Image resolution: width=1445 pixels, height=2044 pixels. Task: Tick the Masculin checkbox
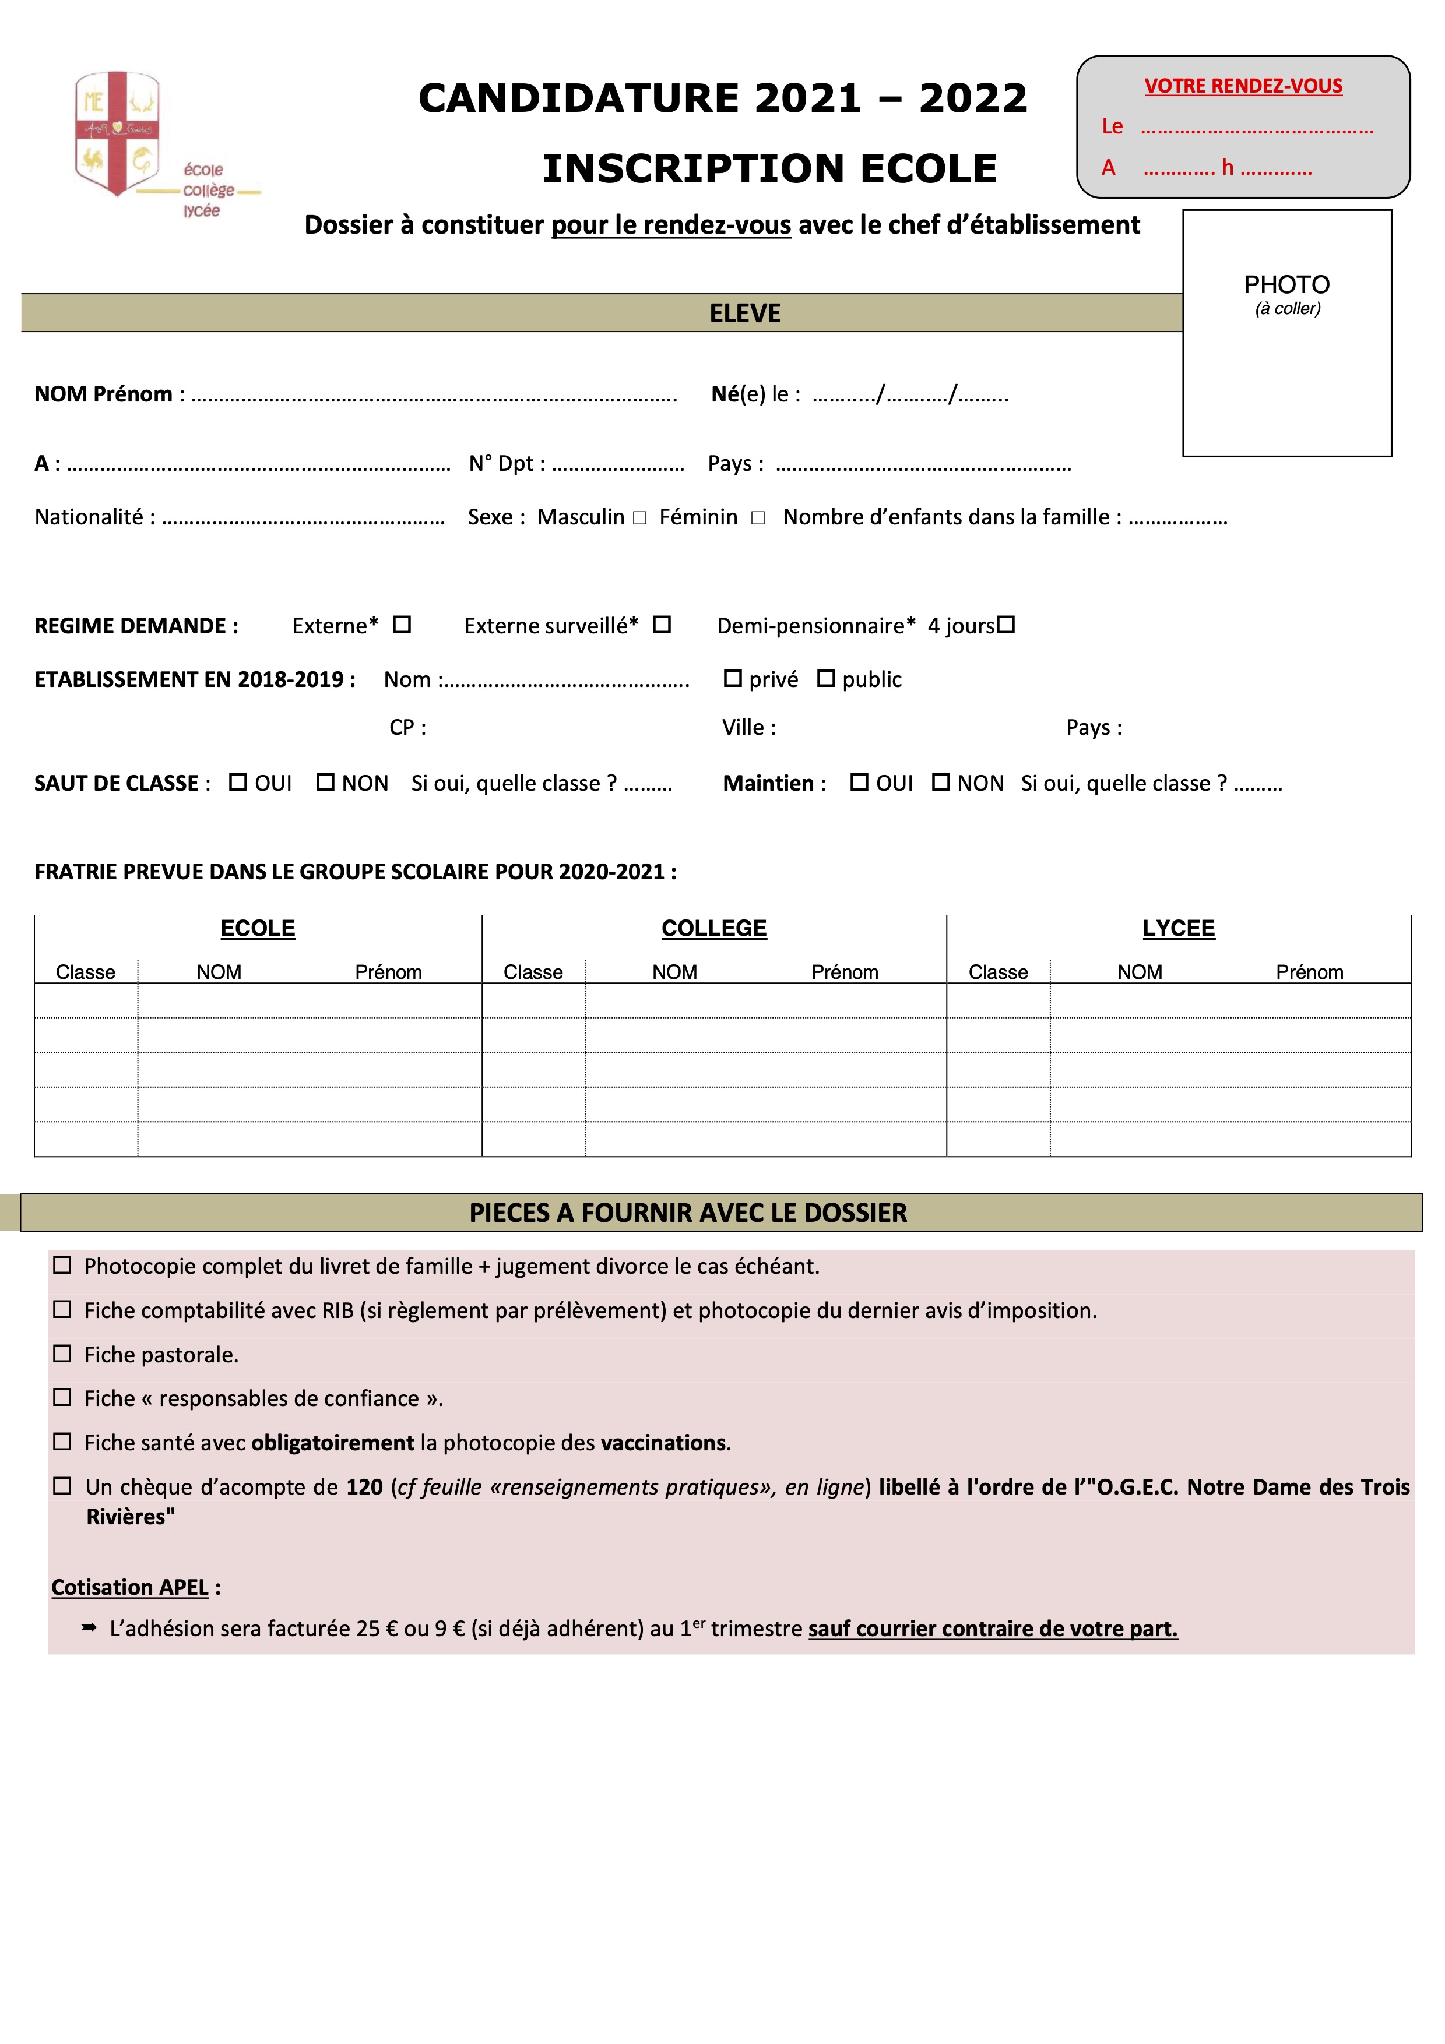[639, 518]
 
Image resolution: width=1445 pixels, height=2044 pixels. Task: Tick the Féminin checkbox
[758, 518]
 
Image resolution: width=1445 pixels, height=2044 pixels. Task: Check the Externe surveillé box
[662, 625]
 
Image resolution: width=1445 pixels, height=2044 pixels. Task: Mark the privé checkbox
[733, 678]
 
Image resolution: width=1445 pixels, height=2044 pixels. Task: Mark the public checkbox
[826, 678]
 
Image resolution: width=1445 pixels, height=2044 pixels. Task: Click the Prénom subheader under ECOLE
[388, 972]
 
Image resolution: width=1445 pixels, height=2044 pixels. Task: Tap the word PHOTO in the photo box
[1286, 285]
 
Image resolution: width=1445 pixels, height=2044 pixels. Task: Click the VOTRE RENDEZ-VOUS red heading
[1243, 86]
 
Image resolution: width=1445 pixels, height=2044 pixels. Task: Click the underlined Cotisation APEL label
[130, 1587]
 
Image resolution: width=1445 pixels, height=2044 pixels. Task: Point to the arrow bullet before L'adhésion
[89, 1627]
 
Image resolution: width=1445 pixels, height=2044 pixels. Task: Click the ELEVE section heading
[744, 313]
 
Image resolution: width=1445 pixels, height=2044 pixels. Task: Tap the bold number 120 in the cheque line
[364, 1487]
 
